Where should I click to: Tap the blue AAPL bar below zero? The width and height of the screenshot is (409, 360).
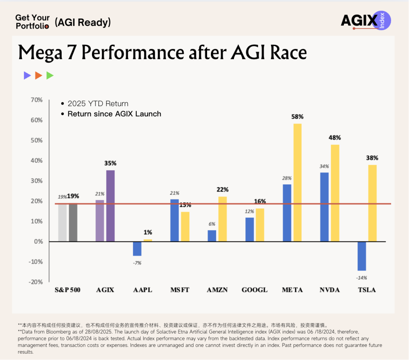(x=137, y=248)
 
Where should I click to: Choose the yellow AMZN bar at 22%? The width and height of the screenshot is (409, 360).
(x=222, y=219)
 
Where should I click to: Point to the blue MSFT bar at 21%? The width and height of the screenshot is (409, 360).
(x=175, y=220)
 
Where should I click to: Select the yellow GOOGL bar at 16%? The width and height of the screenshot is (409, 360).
(x=260, y=225)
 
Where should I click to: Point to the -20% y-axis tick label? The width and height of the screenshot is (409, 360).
(x=36, y=282)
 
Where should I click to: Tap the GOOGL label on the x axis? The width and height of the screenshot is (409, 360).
(x=254, y=290)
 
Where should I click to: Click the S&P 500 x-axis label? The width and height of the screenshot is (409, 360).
(x=67, y=290)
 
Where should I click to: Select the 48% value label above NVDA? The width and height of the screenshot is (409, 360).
(x=335, y=138)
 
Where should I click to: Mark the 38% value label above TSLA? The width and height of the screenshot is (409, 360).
(x=372, y=158)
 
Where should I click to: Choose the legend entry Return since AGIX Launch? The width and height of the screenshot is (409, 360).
(x=114, y=114)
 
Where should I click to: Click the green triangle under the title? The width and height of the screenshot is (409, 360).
(x=50, y=76)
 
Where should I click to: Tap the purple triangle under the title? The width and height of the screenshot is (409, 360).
(x=27, y=76)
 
